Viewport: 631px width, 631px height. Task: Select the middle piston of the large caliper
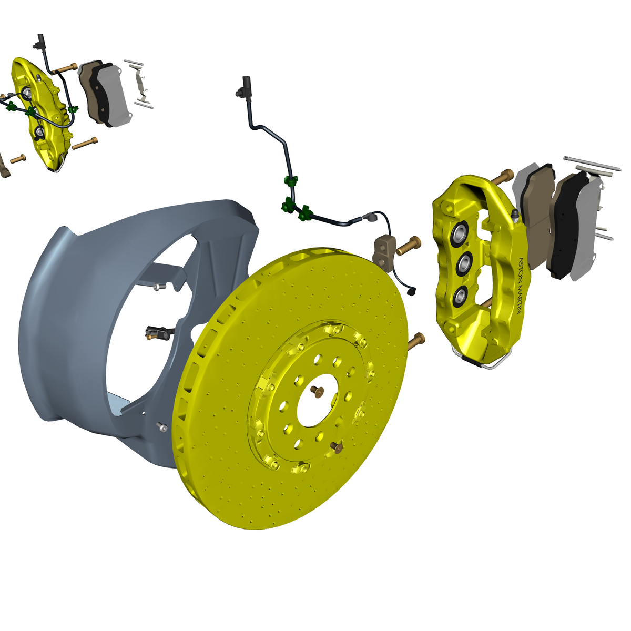(x=464, y=262)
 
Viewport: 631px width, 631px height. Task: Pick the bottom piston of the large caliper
(x=461, y=296)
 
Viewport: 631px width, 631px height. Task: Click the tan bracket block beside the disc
(x=384, y=250)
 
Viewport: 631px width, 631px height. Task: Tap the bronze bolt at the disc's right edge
(x=416, y=341)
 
